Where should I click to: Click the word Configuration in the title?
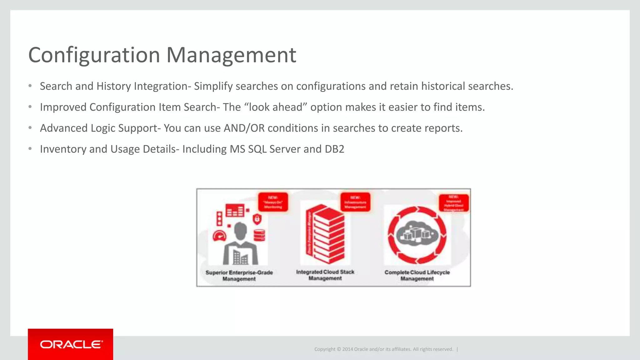pyautogui.click(x=94, y=55)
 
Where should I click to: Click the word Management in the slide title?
pyautogui.click(x=231, y=55)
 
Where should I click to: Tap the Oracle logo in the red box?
pyautogui.click(x=71, y=344)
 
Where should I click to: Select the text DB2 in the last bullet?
pyautogui.click(x=334, y=149)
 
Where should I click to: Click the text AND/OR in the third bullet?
pyautogui.click(x=244, y=128)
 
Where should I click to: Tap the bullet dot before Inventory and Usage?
pyautogui.click(x=30, y=149)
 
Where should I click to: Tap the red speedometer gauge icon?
pyautogui.click(x=219, y=236)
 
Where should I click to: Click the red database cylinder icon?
pyautogui.click(x=259, y=235)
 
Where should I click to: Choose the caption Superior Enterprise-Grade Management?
pyautogui.click(x=239, y=276)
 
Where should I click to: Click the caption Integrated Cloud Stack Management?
pyautogui.click(x=325, y=275)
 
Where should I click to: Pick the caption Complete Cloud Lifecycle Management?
pyautogui.click(x=417, y=275)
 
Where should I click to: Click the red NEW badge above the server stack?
pyautogui.click(x=355, y=202)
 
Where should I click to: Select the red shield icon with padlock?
pyautogui.click(x=257, y=219)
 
